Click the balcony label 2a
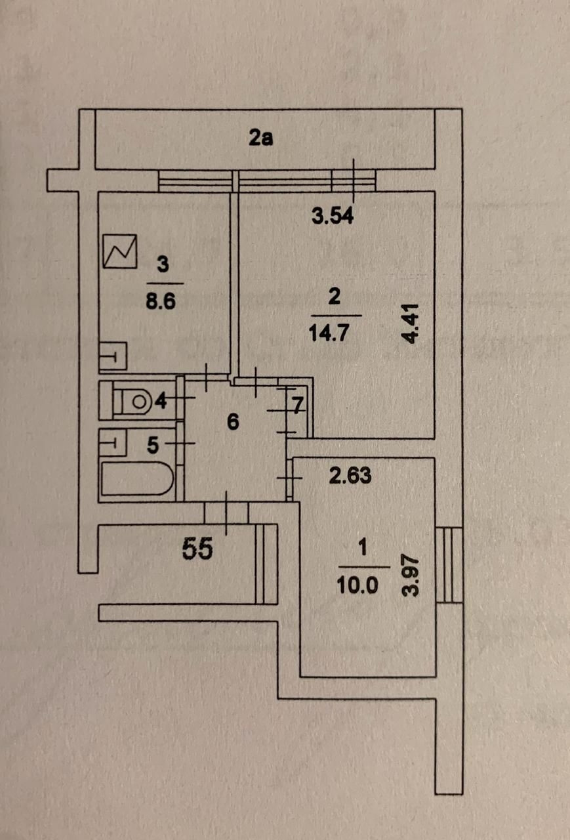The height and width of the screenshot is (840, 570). [260, 138]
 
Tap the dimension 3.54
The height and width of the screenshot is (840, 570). [332, 216]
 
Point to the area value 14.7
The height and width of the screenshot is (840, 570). [334, 332]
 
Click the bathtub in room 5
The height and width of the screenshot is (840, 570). [136, 478]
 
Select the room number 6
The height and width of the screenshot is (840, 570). [232, 423]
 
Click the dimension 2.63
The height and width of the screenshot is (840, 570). [349, 476]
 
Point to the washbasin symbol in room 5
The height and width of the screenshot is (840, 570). [112, 441]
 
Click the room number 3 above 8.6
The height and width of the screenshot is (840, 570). [163, 265]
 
